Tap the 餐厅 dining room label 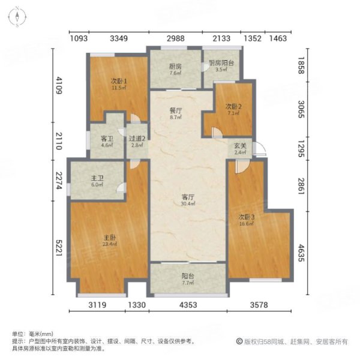point(175,110)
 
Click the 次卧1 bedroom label point(118,81)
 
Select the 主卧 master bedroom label point(109,238)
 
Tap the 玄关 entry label point(239,146)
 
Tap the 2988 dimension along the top point(175,38)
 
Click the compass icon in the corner point(18,17)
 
